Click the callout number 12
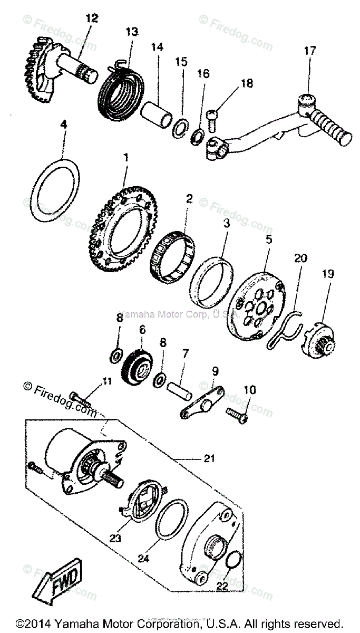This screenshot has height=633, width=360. (92, 18)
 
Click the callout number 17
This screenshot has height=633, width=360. (309, 51)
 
